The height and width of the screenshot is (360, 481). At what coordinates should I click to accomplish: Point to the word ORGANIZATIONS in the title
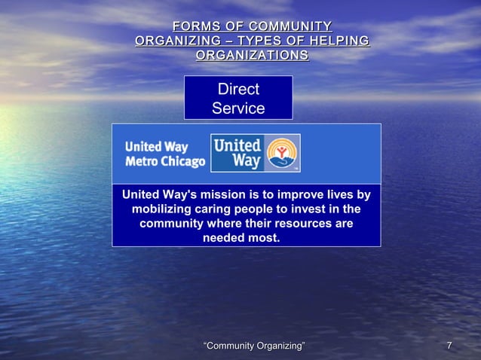point(251,55)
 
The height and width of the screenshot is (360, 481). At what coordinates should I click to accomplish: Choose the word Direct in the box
point(237,90)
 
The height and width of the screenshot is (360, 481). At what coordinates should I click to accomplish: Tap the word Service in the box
point(237,108)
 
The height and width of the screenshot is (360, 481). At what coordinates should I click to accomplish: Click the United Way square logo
point(255,153)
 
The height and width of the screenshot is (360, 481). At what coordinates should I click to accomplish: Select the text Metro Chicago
point(164,163)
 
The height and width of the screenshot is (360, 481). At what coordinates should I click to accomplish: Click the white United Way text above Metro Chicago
point(156,146)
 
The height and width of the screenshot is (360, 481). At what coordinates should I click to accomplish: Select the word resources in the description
point(290,224)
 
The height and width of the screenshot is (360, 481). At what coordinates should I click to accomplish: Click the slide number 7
point(449,346)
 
